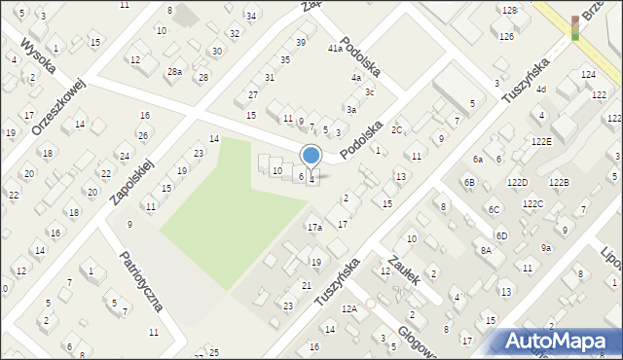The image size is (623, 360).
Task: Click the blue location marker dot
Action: coord(311,155)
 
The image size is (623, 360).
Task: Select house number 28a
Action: coord(174,72)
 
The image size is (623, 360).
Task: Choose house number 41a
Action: coord(335,49)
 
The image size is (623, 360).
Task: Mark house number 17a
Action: coord(314,228)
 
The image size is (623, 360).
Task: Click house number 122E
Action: coord(542,141)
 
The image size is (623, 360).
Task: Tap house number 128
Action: coord(508,10)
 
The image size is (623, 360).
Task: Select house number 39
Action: coord(300,43)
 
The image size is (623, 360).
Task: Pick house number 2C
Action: coord(396,129)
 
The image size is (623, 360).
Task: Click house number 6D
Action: coord(500,236)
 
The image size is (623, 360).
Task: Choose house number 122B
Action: coord(558,183)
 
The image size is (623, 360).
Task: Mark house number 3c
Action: coord(369,92)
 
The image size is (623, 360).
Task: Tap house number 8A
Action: coord(486,250)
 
